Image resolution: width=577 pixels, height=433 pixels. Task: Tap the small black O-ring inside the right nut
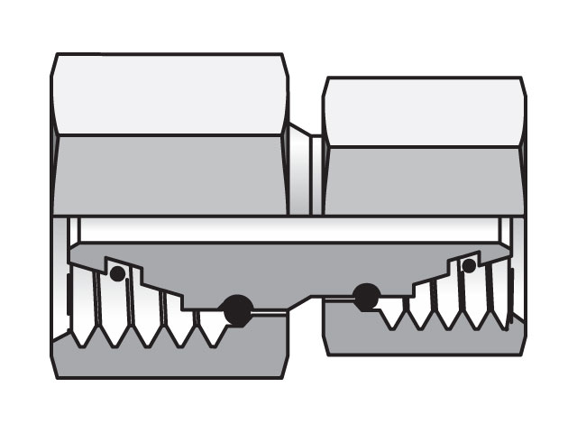point(468,266)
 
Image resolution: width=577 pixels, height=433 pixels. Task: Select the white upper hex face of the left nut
point(169,95)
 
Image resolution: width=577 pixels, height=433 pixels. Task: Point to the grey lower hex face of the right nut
point(423,180)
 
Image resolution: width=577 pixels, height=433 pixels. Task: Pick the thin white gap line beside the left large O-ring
point(269,311)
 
